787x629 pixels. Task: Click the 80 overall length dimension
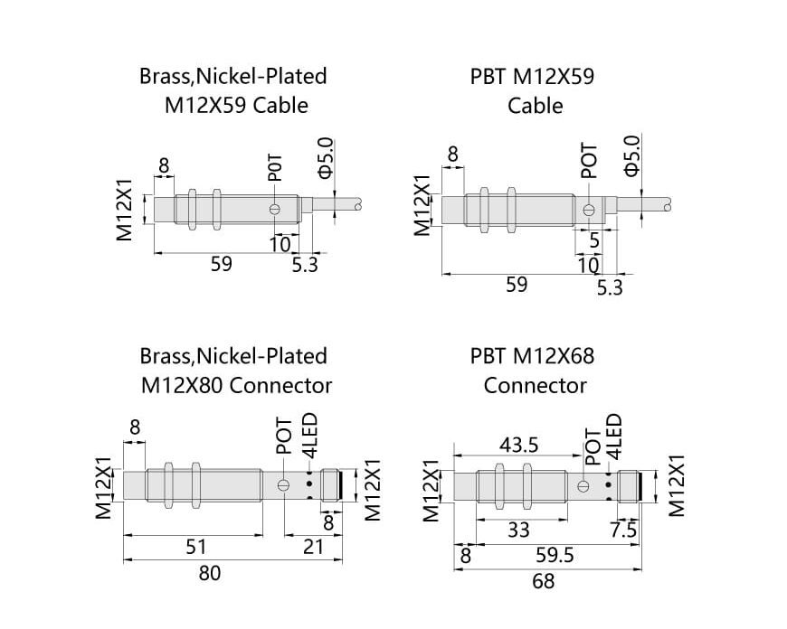[x=209, y=573]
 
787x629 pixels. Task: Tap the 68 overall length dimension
[x=544, y=581]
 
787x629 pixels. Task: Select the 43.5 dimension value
[x=519, y=445]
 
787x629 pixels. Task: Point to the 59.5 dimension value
[x=555, y=555]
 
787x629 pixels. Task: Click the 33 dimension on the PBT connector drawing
[x=518, y=530]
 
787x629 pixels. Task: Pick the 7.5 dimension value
[x=623, y=530]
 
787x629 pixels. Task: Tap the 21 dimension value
[x=312, y=546]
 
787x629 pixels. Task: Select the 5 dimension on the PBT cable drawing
[x=594, y=241]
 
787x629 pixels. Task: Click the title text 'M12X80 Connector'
[x=236, y=385]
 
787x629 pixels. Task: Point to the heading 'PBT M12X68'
[x=532, y=356]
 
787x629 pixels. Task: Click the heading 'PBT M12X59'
[x=532, y=76]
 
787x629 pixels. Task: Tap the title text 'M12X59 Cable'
[x=236, y=105]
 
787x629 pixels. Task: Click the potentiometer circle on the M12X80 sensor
[x=283, y=485]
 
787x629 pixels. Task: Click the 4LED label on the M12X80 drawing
[x=308, y=437]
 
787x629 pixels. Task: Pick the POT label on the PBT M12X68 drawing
[x=593, y=445]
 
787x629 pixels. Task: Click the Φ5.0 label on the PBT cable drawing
[x=632, y=155]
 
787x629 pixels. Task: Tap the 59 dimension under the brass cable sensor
[x=222, y=264]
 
